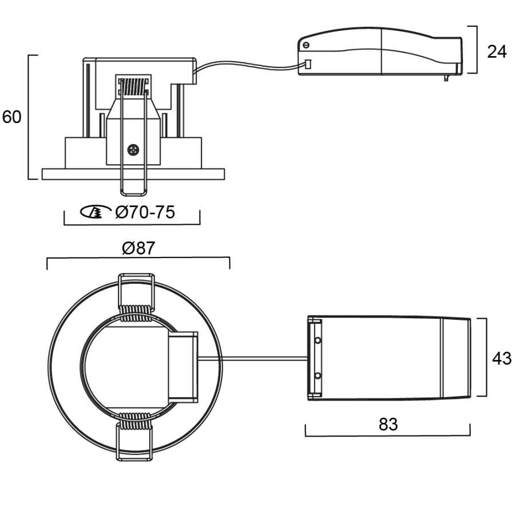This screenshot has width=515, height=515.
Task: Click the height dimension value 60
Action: point(12,117)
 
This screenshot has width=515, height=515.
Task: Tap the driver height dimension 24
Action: point(497,51)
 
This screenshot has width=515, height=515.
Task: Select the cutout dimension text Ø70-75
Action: point(145,212)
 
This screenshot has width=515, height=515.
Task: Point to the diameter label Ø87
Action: point(138,248)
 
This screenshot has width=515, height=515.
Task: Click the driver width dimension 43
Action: point(501,358)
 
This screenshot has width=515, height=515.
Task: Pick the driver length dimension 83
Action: point(388,424)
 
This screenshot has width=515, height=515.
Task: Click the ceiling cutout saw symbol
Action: point(96,212)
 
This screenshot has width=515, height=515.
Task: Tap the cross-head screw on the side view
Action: point(133,150)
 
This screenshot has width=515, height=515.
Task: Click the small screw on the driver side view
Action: point(306,45)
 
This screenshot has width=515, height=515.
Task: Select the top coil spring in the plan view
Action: point(136,313)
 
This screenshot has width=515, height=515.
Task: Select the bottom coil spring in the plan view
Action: point(135,421)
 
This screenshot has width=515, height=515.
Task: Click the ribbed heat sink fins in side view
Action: point(133,87)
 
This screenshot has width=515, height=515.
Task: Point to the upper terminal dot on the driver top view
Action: point(318,340)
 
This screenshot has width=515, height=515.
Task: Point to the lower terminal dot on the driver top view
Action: point(318,375)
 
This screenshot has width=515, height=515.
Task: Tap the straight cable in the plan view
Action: point(253,358)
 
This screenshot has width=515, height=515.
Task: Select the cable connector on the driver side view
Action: point(308,64)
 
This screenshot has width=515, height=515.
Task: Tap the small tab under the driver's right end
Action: point(446,78)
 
